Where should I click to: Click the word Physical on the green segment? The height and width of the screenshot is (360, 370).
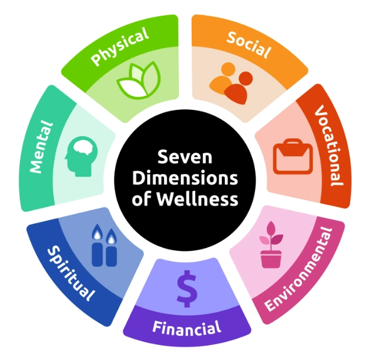pyautogui.click(x=119, y=47)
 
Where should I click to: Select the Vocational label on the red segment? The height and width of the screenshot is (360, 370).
pyautogui.click(x=329, y=145)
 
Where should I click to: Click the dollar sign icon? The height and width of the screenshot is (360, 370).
pyautogui.click(x=186, y=289)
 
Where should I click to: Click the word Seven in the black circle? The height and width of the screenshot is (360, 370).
pyautogui.click(x=185, y=158)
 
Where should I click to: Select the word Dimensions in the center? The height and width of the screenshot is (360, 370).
pyautogui.click(x=185, y=178)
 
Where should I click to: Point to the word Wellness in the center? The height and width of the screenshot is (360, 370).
pyautogui.click(x=202, y=199)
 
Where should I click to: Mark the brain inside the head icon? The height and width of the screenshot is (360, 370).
pyautogui.click(x=83, y=149)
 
